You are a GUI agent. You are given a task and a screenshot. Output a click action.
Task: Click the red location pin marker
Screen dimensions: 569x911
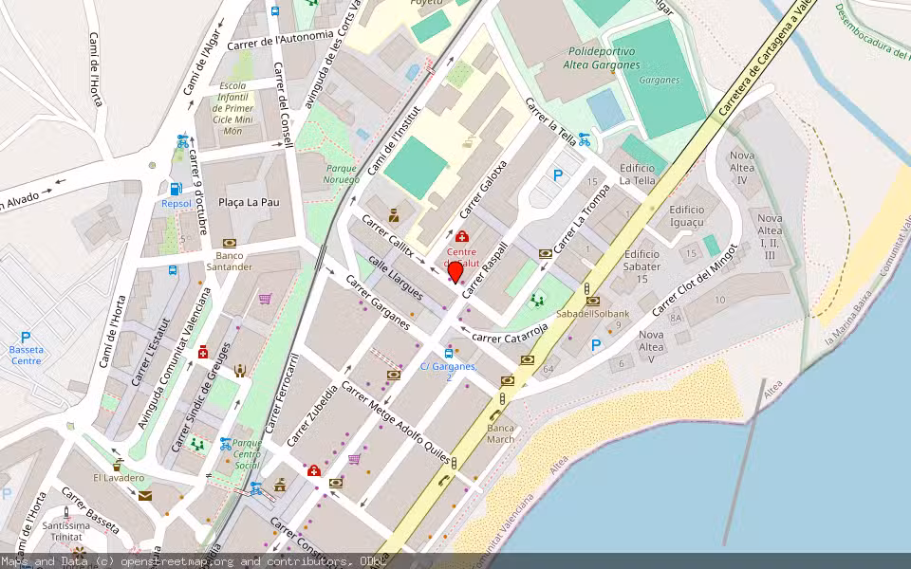[455, 271]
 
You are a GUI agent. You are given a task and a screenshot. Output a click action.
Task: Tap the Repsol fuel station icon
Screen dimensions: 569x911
[176, 189]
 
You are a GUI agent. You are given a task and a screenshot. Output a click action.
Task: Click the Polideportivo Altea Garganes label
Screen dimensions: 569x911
[605, 58]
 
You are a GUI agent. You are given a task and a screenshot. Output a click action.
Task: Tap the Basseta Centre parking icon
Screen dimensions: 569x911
[26, 337]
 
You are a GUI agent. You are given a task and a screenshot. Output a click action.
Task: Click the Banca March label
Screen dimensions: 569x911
[500, 432]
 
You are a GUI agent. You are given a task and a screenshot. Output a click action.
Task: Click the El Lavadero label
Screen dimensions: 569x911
[119, 478]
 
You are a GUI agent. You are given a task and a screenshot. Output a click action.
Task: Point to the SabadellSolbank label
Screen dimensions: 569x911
[592, 313]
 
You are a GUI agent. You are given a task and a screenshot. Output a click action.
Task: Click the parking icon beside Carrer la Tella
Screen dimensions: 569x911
[557, 174]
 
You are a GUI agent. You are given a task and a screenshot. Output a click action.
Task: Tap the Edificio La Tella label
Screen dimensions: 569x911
[638, 174]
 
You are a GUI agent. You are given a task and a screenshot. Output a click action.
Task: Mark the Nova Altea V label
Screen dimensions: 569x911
[651, 346]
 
